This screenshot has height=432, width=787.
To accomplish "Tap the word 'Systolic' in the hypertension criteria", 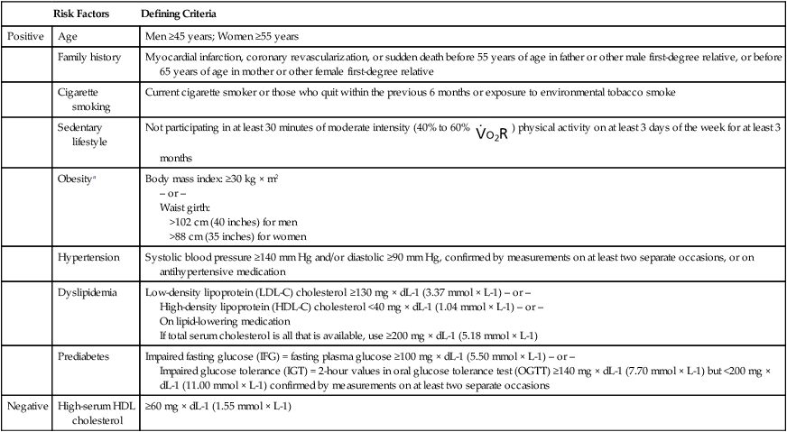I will (x=163, y=257).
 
